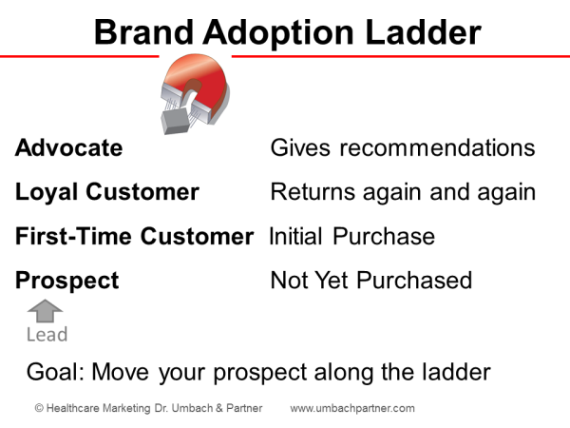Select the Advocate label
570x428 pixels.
tap(68, 148)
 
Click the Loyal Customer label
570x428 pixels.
tap(107, 192)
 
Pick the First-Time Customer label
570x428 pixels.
tap(134, 237)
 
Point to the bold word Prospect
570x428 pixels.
tap(67, 281)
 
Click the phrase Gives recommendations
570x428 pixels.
tap(403, 148)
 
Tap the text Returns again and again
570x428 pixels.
tap(403, 192)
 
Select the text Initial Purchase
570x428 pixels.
tap(351, 237)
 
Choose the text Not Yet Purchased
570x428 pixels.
tap(370, 281)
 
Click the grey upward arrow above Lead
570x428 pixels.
tap(46, 311)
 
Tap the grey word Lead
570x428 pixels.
tap(47, 334)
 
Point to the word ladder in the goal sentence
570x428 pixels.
tap(455, 372)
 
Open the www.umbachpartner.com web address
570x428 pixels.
tap(352, 408)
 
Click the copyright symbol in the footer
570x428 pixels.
tap(39, 408)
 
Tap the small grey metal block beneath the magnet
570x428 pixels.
tap(177, 116)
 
